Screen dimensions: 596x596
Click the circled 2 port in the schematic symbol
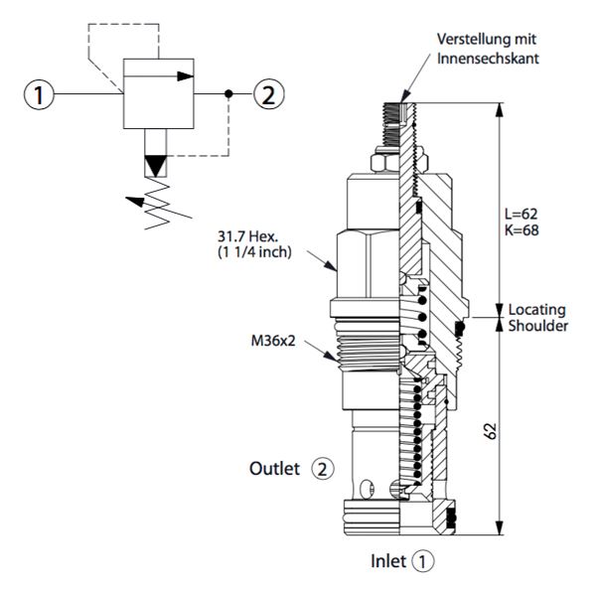[267, 95]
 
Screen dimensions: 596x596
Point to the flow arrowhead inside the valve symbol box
[184, 74]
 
